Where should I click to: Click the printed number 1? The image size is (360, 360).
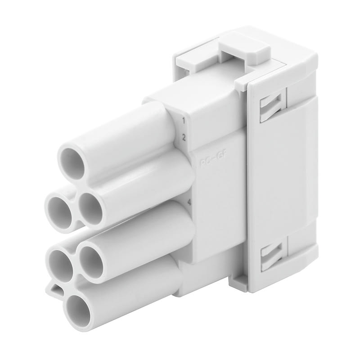pyautogui.click(x=184, y=120)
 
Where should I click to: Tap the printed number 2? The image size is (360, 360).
pyautogui.click(x=184, y=138)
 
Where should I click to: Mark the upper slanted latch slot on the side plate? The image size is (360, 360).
pyautogui.click(x=272, y=104)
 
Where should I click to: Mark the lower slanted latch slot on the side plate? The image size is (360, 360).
pyautogui.click(x=272, y=254)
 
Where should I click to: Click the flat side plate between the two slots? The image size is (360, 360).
pyautogui.click(x=279, y=180)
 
